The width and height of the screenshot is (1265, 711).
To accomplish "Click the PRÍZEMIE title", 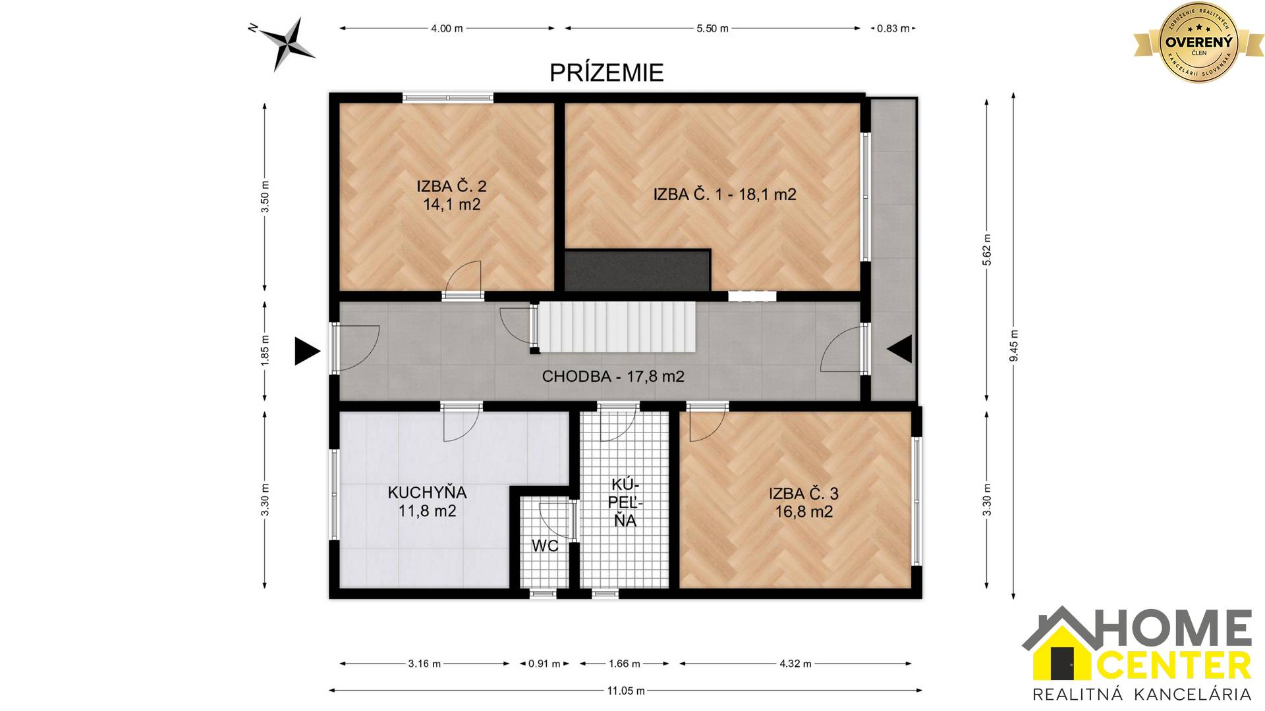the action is tap(606, 72).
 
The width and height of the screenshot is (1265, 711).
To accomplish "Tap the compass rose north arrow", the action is tap(287, 43).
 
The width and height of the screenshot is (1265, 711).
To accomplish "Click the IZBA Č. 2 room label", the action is tap(451, 195).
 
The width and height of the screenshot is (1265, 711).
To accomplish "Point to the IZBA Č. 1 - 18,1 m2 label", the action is tap(725, 194).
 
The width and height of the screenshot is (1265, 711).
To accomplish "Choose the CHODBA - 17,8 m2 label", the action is tap(613, 377).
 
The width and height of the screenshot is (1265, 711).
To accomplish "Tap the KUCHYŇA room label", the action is tap(427, 501).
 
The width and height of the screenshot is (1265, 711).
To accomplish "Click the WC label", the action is tap(545, 546).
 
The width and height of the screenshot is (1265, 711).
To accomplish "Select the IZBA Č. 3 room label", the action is tap(804, 502).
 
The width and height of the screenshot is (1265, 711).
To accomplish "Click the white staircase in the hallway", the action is tap(617, 327).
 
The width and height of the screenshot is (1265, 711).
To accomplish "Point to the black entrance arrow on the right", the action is tap(900, 349).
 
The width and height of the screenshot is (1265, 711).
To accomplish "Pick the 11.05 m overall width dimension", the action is tap(625, 691).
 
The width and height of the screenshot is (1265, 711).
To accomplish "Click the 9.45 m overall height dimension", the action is tap(1013, 346).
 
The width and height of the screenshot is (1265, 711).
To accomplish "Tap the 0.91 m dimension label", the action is tap(544, 664).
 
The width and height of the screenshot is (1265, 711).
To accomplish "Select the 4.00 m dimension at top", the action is tap(447, 28).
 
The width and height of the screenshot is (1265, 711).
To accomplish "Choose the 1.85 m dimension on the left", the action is tap(265, 352).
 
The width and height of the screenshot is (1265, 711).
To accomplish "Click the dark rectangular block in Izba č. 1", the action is tap(637, 270).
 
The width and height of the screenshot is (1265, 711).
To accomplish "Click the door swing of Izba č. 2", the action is tap(463, 276).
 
